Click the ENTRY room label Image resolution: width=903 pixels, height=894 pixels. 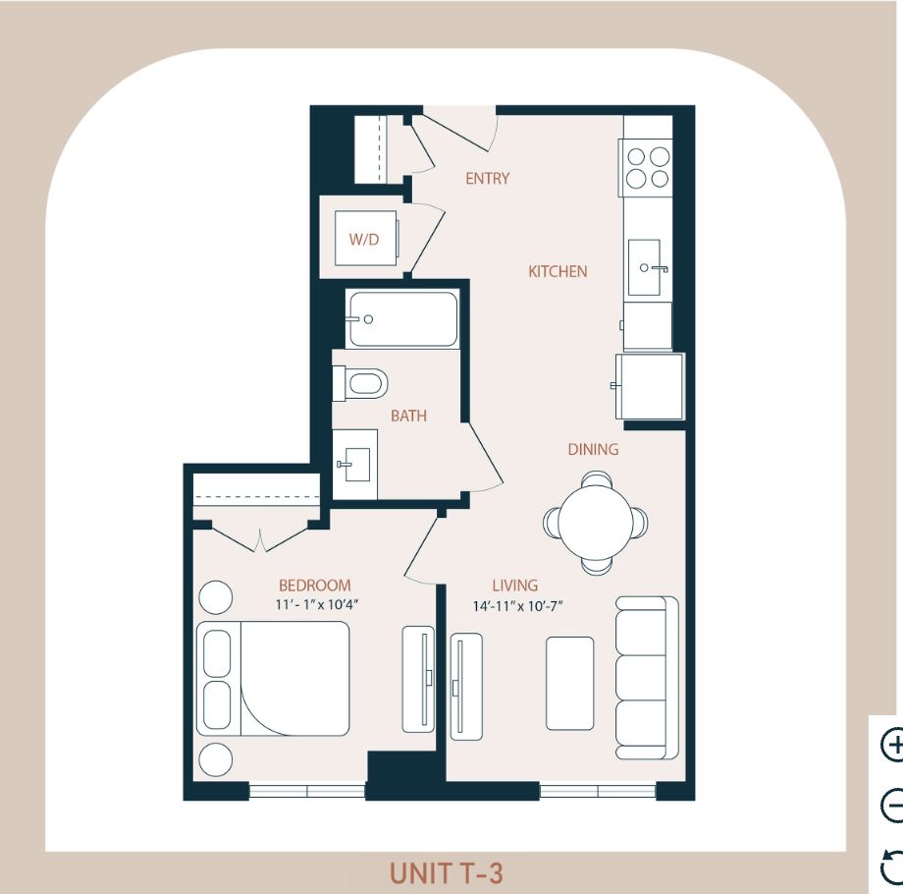pyautogui.click(x=487, y=179)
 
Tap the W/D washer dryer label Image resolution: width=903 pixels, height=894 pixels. pyautogui.click(x=364, y=239)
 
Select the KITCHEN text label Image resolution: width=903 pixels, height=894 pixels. pyautogui.click(x=558, y=271)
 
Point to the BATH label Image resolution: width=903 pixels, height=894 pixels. pyautogui.click(x=409, y=416)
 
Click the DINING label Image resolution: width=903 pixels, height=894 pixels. pyautogui.click(x=593, y=449)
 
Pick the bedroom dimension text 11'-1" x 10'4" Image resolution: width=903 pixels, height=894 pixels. pyautogui.click(x=317, y=604)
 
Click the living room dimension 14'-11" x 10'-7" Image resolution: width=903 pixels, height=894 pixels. pyautogui.click(x=517, y=606)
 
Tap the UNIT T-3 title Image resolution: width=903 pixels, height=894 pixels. pyautogui.click(x=447, y=872)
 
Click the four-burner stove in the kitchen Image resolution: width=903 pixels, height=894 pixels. pyautogui.click(x=646, y=168)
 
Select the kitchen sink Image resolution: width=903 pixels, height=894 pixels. pyautogui.click(x=645, y=267)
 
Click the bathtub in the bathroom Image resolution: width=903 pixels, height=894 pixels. pyautogui.click(x=403, y=318)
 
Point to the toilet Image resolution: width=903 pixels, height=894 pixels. pyautogui.click(x=360, y=383)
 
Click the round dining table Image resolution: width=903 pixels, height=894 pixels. pyautogui.click(x=596, y=523)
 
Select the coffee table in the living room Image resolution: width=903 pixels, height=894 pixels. pyautogui.click(x=569, y=683)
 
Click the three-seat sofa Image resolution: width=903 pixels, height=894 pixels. pyautogui.click(x=647, y=677)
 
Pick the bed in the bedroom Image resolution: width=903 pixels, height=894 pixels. pyautogui.click(x=273, y=679)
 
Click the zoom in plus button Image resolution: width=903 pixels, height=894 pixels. pyautogui.click(x=892, y=745)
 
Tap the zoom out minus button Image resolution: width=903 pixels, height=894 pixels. pyautogui.click(x=892, y=804)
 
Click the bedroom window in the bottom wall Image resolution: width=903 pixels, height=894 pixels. pyautogui.click(x=307, y=791)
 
